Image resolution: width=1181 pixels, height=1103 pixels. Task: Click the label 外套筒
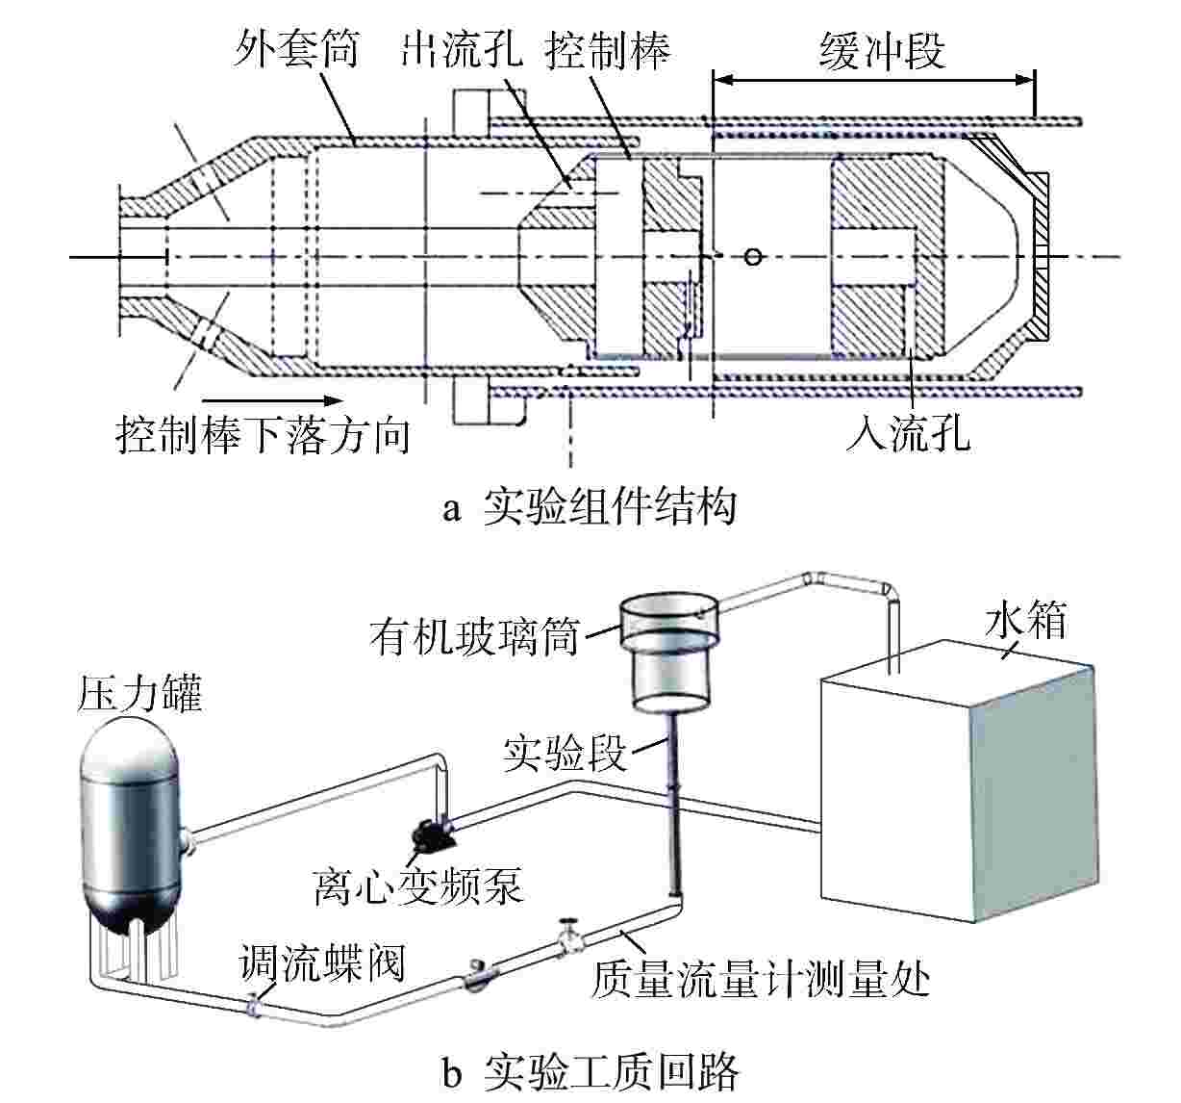click(x=295, y=49)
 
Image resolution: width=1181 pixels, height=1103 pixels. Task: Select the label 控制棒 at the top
click(x=608, y=49)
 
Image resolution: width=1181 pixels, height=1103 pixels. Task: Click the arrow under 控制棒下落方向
click(x=272, y=400)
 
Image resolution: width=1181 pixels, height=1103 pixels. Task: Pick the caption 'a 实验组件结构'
click(x=590, y=506)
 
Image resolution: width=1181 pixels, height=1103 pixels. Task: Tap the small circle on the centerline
click(x=754, y=256)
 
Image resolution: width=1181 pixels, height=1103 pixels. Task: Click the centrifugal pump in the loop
click(x=429, y=833)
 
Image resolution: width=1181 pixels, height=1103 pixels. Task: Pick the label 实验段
click(x=565, y=753)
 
